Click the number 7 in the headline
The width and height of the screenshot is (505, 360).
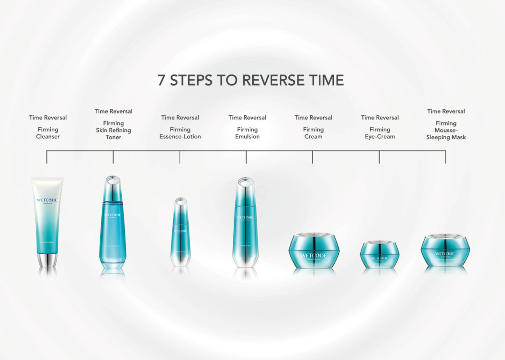(x=161, y=80)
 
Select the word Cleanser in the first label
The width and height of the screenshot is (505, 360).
(x=48, y=137)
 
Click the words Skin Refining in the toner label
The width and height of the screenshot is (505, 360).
(x=113, y=130)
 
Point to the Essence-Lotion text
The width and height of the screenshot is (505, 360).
(x=180, y=137)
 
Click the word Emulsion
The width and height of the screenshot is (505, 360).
(x=247, y=137)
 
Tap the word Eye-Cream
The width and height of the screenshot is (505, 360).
(x=380, y=137)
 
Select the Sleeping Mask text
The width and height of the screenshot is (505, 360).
(x=446, y=137)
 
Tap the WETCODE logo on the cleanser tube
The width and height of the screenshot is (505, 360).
(x=47, y=200)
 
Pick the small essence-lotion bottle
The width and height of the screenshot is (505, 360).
(x=180, y=234)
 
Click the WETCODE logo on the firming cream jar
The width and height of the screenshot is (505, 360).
(x=314, y=255)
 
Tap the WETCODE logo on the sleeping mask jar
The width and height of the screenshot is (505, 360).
(x=445, y=254)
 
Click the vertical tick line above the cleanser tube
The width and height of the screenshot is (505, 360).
(x=47, y=157)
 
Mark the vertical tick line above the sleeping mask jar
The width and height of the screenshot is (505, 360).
(x=446, y=157)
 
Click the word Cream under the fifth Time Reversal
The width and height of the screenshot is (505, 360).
(x=313, y=137)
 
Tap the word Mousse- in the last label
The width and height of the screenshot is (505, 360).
(x=446, y=130)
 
